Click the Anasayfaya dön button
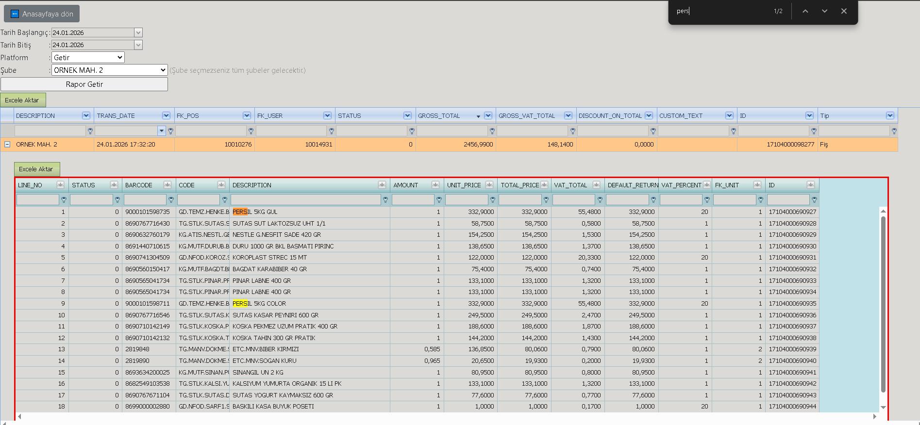pyautogui.click(x=42, y=14)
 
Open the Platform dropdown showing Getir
pyautogui.click(x=88, y=58)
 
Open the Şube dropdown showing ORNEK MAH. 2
pyautogui.click(x=110, y=70)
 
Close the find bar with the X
pyautogui.click(x=844, y=11)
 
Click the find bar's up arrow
pyautogui.click(x=805, y=11)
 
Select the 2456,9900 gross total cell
pyautogui.click(x=456, y=145)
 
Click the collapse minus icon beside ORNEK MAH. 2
pyautogui.click(x=7, y=144)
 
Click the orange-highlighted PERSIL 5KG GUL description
pyautogui.click(x=255, y=212)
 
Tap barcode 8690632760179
pyautogui.click(x=148, y=235)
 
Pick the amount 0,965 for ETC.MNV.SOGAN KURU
pyautogui.click(x=432, y=361)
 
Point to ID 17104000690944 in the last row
pyautogui.click(x=793, y=407)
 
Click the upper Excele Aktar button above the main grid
pyautogui.click(x=23, y=100)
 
